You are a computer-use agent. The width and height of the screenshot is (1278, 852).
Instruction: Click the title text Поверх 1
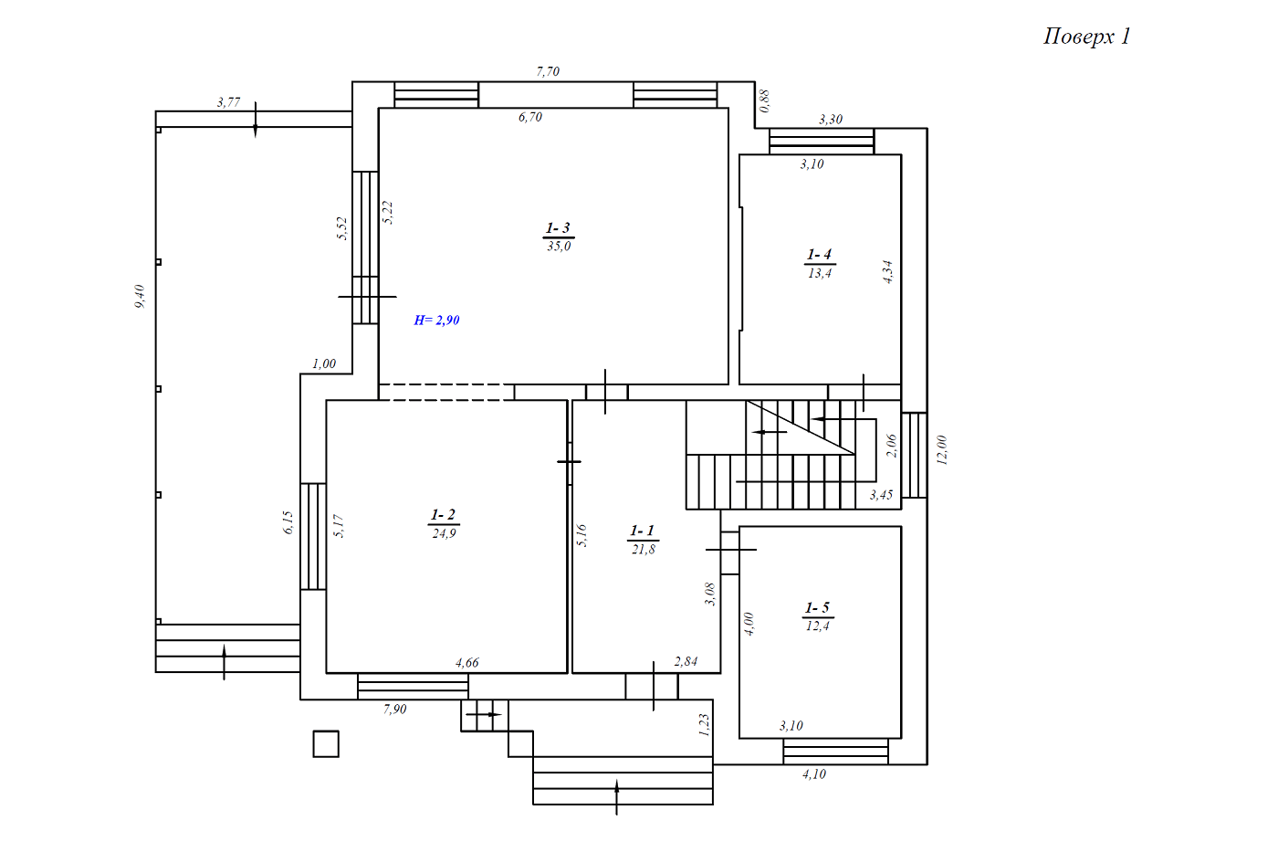coord(1087,37)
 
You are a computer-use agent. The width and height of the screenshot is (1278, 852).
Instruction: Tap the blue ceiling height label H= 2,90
coord(436,321)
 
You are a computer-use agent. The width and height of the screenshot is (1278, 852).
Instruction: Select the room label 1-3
coord(558,228)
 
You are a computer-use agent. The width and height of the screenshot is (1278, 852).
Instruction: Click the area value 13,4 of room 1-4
coord(820,273)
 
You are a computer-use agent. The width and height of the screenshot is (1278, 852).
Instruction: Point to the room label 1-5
coord(817,608)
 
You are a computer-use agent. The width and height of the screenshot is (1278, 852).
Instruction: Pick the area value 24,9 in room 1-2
coord(444,533)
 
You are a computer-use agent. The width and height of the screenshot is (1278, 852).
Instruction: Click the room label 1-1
coord(642,531)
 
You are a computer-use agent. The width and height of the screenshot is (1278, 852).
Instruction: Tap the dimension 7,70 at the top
coord(548,72)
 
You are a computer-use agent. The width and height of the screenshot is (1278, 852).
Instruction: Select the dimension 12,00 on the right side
coord(942,450)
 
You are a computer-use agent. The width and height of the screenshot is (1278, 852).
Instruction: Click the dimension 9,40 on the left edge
coord(140,296)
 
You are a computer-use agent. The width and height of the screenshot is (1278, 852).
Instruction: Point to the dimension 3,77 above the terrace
coord(228,102)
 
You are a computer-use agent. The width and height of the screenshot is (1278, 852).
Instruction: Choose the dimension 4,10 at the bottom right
coord(814,774)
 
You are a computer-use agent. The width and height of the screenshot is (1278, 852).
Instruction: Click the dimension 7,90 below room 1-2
coord(394,710)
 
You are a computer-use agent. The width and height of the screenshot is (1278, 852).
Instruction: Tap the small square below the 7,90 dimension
coord(326,744)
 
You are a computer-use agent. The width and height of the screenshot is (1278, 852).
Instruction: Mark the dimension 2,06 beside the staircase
coord(891,446)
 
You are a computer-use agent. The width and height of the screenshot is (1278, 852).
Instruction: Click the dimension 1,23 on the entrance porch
coord(704,725)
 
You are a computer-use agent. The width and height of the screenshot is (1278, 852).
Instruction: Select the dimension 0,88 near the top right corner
coord(765,101)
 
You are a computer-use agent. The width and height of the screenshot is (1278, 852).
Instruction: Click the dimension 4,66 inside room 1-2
coord(467,663)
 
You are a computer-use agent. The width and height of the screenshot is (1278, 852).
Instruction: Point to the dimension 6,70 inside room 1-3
coord(530,117)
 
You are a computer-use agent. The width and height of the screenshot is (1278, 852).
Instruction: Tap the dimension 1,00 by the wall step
coord(324,363)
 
